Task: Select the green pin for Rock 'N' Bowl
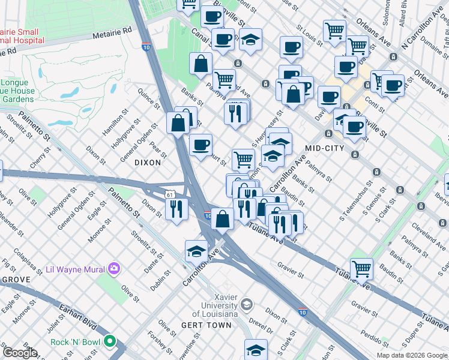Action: (x=109, y=341)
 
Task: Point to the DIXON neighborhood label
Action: (x=148, y=163)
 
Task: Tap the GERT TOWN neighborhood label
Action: (x=206, y=325)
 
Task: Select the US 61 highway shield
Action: (x=171, y=194)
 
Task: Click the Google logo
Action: (x=20, y=353)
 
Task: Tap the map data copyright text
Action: (x=412, y=355)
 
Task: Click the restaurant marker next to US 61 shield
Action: (x=176, y=209)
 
